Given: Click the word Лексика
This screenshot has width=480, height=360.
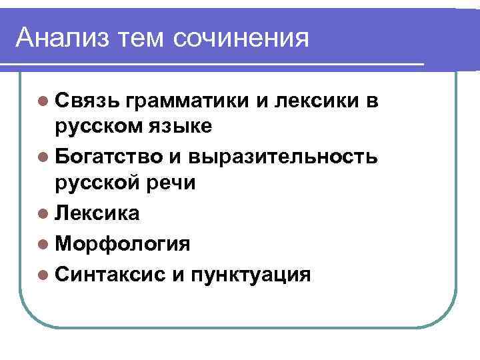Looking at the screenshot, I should (x=98, y=213).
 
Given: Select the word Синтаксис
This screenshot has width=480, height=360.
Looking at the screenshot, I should (x=108, y=273).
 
